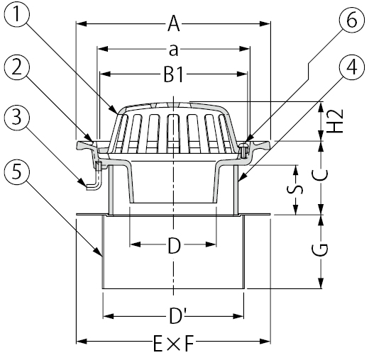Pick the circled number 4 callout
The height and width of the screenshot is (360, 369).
tap(347, 69)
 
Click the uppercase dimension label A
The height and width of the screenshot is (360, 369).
tap(173, 26)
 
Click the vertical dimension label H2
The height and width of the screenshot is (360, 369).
tap(338, 121)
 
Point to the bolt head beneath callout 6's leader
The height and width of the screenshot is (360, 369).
tap(243, 148)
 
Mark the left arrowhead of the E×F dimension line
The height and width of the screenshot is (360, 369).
tap(79, 342)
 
